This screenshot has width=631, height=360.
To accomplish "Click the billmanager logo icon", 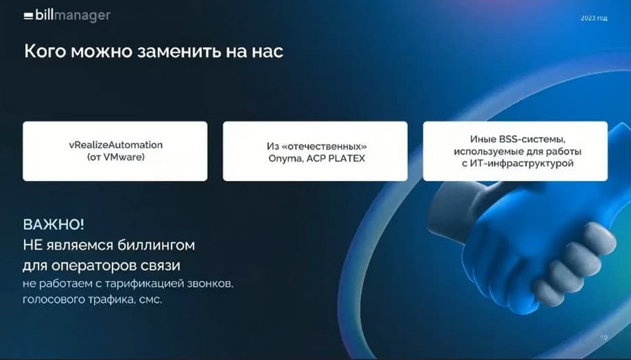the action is (28, 16).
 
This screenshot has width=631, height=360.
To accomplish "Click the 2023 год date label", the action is (594, 18).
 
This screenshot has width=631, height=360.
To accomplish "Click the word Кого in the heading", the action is (45, 51).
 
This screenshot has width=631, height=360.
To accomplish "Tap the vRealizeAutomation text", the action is (116, 145).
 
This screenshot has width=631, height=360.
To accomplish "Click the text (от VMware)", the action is (116, 157).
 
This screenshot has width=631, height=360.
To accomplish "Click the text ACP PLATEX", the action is (335, 158).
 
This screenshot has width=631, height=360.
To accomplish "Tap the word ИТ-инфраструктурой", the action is (523, 163).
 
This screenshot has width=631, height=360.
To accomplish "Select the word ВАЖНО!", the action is (54, 224).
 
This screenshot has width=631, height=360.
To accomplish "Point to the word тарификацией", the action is (144, 284).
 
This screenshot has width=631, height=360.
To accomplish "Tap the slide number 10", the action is (604, 337).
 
